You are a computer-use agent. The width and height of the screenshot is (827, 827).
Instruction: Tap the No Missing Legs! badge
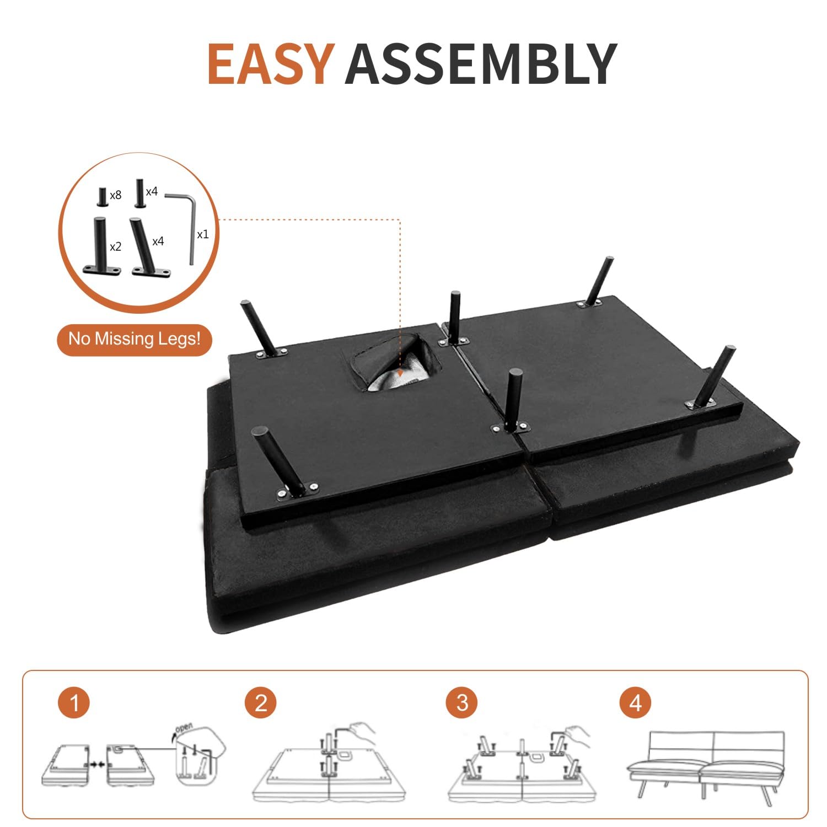click(135, 338)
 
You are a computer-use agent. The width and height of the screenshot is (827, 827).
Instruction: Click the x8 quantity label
click(115, 195)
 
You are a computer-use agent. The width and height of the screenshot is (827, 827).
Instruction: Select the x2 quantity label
click(115, 247)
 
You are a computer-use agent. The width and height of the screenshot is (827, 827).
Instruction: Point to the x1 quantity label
click(203, 234)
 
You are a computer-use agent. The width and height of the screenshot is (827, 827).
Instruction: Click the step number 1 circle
click(73, 703)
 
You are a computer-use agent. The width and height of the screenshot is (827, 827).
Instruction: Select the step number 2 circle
click(261, 703)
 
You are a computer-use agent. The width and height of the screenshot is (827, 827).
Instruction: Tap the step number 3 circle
click(462, 703)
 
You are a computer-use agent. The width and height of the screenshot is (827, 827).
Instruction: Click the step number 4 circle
click(635, 703)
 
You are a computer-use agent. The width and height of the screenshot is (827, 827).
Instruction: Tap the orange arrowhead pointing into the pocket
click(400, 377)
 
